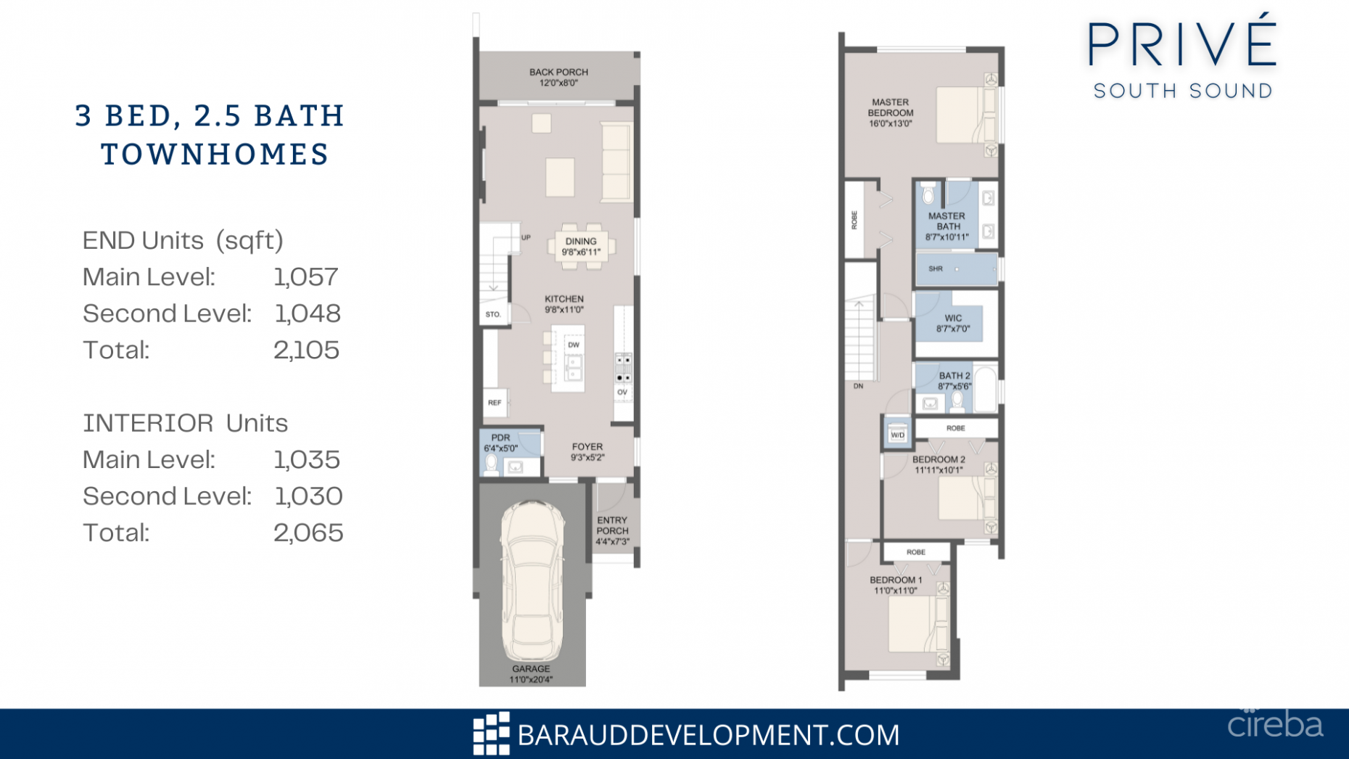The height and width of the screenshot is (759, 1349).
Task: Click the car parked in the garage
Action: tap(532, 580)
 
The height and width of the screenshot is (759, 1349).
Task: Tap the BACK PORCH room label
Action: tap(558, 73)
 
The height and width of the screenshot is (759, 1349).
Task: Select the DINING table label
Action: tap(581, 242)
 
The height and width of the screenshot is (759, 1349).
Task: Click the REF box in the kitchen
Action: tap(495, 403)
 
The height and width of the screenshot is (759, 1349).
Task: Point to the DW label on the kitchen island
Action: tap(573, 345)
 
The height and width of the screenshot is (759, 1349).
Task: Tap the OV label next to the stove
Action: tap(622, 393)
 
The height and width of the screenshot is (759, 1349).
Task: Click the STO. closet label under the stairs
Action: tap(493, 315)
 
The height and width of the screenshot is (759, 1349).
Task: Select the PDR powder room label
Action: tap(500, 438)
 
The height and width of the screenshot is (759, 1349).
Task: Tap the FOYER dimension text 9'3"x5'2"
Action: tap(587, 458)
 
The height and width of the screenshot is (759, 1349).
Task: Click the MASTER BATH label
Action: tap(946, 221)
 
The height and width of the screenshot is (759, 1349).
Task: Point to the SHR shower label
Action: tap(936, 269)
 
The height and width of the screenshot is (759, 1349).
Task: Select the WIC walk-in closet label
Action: tap(953, 319)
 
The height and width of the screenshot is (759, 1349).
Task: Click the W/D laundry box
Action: tap(897, 435)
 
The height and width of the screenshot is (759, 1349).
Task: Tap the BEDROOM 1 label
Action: tap(896, 580)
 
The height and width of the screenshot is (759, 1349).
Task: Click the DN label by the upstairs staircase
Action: tap(858, 386)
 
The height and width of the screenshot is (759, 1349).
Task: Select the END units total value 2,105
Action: tap(306, 350)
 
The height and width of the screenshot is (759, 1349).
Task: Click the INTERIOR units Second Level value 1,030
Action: tap(308, 496)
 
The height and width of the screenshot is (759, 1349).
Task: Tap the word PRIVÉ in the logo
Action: tap(1182, 45)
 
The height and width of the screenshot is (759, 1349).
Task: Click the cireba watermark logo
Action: tap(1274, 724)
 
